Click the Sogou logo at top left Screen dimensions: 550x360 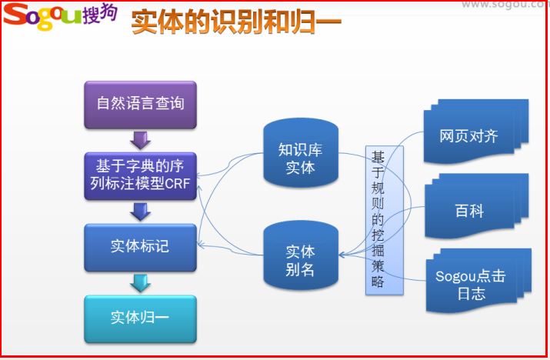[x=60, y=16]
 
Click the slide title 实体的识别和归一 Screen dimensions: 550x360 [x=236, y=22]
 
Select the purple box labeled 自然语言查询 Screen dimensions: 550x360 [x=140, y=105]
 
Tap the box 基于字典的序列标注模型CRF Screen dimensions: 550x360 [x=140, y=176]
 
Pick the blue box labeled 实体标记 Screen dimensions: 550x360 [x=140, y=248]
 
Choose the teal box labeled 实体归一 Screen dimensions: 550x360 [x=140, y=319]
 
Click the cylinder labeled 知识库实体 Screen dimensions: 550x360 [x=301, y=153]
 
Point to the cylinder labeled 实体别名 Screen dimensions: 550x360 [x=301, y=256]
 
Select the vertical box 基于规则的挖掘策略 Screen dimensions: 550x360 [x=385, y=220]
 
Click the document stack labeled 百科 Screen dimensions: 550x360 [x=476, y=206]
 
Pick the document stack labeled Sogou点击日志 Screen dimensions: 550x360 [x=478, y=281]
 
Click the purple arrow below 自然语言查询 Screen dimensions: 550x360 [x=140, y=140]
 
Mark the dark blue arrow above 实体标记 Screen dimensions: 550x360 [x=140, y=212]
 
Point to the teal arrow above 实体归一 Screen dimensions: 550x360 [x=140, y=284]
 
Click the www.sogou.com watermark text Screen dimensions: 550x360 [x=505, y=5]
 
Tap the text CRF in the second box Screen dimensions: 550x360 [x=177, y=184]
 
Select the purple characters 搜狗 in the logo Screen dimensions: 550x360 [x=100, y=14]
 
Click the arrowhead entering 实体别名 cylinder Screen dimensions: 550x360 [x=342, y=255]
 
